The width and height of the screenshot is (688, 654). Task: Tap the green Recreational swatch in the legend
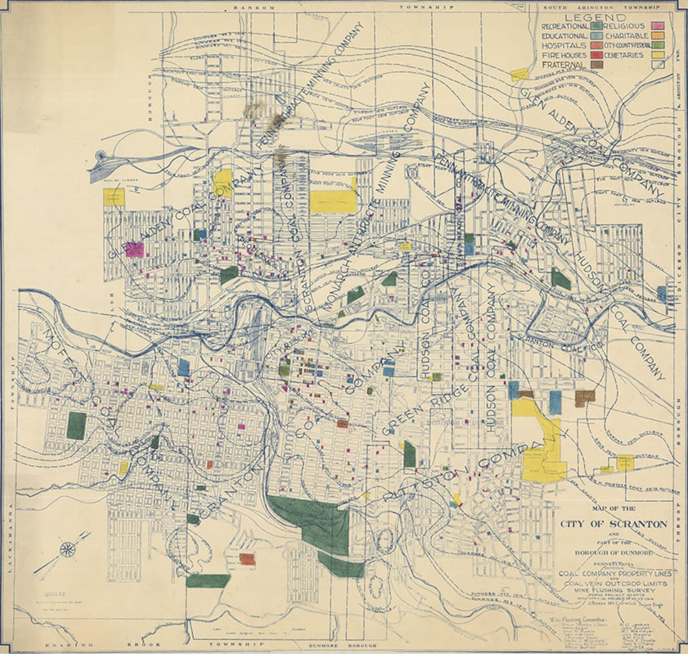[597, 27]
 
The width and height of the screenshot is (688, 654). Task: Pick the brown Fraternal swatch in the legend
[597, 65]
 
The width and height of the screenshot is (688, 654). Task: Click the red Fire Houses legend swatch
[597, 55]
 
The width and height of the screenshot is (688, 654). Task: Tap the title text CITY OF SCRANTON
[613, 524]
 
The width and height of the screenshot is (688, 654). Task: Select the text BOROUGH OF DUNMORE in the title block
[613, 553]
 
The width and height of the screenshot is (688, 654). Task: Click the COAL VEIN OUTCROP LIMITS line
[613, 583]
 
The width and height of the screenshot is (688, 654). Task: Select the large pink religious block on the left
[134, 249]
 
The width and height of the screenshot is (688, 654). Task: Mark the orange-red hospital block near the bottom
[247, 559]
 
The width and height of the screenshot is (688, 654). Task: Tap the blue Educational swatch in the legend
[597, 36]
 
